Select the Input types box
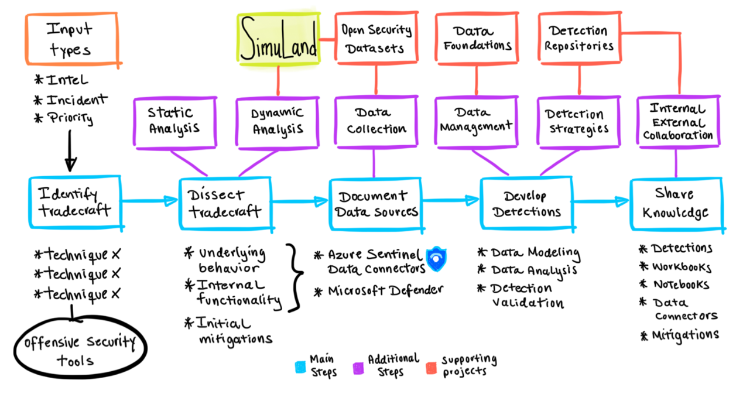coord(71,39)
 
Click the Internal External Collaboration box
coord(678,122)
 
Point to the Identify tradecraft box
coord(75,201)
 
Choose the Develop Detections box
coord(526,203)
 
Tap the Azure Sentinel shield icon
coord(436,259)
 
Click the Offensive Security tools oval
coord(79,350)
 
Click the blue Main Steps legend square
coord(300,366)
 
